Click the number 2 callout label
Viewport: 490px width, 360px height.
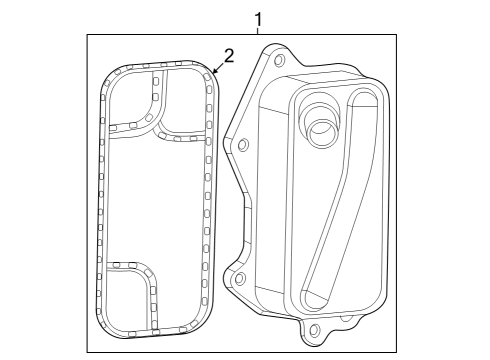(228, 56)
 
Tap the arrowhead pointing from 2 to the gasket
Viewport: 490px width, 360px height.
(212, 73)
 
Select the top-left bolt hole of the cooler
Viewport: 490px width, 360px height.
(278, 61)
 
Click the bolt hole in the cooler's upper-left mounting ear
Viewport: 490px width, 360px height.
(241, 146)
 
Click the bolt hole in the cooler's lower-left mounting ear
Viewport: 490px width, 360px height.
(239, 279)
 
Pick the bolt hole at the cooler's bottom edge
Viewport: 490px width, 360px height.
(315, 329)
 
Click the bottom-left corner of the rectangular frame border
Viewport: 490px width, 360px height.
(87, 351)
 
